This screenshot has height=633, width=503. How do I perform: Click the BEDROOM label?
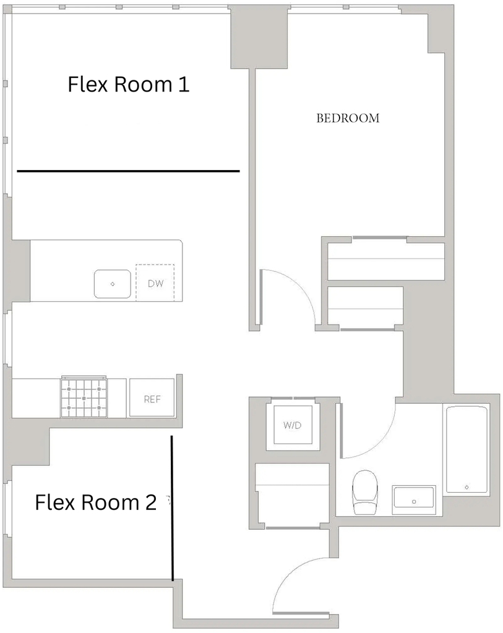point(348,118)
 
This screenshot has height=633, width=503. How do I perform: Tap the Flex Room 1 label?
point(129,84)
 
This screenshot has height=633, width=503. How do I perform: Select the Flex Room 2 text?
point(96,503)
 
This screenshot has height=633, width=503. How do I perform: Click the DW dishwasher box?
point(155,283)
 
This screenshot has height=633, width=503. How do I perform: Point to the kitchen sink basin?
point(113,284)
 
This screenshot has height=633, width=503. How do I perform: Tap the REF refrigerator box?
point(152,398)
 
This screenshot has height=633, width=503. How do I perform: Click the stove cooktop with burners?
point(84,397)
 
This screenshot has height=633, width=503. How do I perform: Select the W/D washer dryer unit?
point(293,425)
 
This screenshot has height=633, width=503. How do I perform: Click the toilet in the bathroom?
point(365,491)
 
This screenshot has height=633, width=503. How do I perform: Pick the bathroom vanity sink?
point(414,501)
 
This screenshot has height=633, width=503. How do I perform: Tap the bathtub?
point(466,450)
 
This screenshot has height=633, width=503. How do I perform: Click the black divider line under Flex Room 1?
point(129,171)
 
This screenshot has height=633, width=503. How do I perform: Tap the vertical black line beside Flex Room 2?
point(173,508)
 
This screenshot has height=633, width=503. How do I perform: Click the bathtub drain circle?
point(466,487)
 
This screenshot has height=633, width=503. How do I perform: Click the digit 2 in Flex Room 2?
point(150,503)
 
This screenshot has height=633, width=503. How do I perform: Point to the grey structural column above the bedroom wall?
point(259,37)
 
